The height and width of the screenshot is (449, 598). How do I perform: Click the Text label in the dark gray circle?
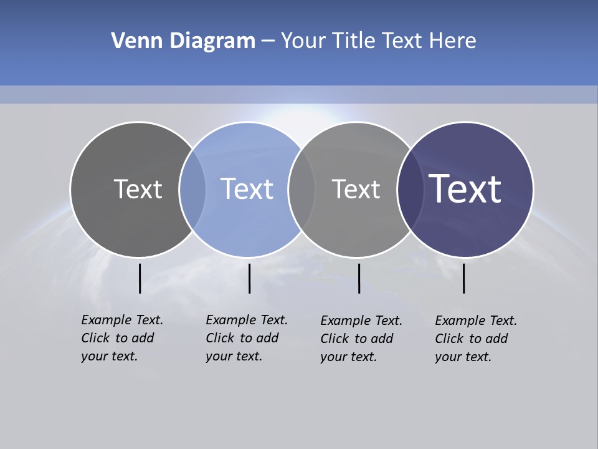pyautogui.click(x=138, y=189)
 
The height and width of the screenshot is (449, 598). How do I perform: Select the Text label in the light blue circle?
pyautogui.click(x=247, y=189)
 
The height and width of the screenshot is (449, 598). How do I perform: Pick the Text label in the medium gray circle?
pyautogui.click(x=356, y=189)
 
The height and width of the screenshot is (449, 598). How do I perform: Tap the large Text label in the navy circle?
pyautogui.click(x=465, y=189)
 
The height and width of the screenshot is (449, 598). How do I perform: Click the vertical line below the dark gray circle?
pyautogui.click(x=140, y=278)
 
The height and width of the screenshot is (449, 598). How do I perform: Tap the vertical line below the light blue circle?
pyautogui.click(x=249, y=278)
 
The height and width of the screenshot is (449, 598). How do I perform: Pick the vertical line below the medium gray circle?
pyautogui.click(x=359, y=278)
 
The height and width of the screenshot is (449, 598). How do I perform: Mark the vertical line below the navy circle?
pyautogui.click(x=463, y=278)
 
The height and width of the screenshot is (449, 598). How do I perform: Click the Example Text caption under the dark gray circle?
pyautogui.click(x=122, y=338)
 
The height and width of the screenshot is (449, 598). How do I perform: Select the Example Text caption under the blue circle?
pyautogui.click(x=247, y=338)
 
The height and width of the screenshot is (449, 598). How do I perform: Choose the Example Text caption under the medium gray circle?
pyautogui.click(x=361, y=339)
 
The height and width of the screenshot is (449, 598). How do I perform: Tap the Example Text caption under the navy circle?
pyautogui.click(x=476, y=339)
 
